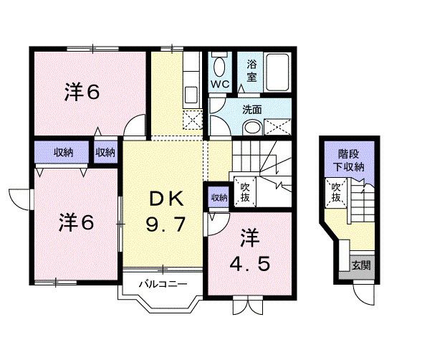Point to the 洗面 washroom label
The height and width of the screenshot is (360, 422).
coord(251,110)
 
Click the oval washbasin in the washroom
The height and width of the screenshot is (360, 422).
coord(251,127)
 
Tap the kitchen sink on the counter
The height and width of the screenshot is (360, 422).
coord(191,94)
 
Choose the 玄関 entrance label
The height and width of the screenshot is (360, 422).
coord(361,265)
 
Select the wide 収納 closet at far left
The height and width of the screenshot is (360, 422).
coord(63,152)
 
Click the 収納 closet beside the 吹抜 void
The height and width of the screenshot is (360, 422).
coord(219,197)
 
